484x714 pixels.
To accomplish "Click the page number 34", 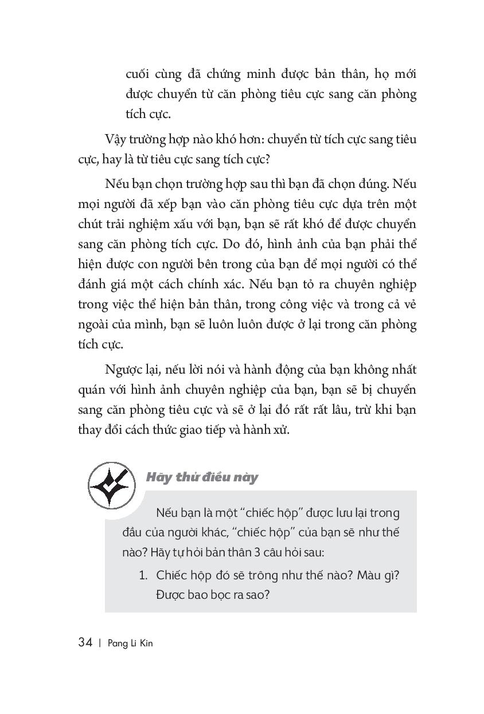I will (x=85, y=642).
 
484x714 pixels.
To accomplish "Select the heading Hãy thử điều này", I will (x=202, y=477).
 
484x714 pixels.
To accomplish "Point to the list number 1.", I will (x=143, y=575).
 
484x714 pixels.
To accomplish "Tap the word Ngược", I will (x=124, y=370).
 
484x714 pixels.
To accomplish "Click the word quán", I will (x=92, y=390).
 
